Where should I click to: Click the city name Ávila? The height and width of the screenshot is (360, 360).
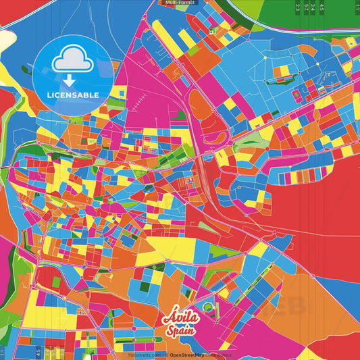point(180,317)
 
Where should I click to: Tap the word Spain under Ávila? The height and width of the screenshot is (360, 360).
point(180,332)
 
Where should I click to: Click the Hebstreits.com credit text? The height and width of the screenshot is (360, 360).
point(144,355)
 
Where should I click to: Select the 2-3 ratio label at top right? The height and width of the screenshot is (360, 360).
point(298,8)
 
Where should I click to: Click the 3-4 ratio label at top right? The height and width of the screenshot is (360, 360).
point(313,8)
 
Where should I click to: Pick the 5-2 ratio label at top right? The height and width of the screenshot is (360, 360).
point(306,8)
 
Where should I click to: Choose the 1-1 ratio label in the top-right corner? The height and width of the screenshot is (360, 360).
point(357,8)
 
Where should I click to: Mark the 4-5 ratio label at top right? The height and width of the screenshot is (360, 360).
point(322,8)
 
